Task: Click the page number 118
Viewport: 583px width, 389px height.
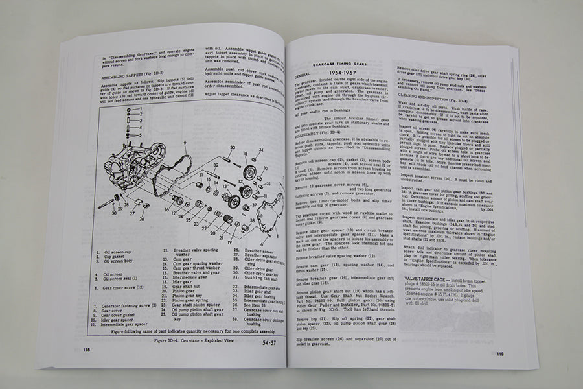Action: (x=86, y=349)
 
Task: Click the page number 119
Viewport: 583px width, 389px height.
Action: (x=500, y=354)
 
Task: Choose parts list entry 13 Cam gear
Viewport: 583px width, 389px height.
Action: (x=178, y=260)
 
